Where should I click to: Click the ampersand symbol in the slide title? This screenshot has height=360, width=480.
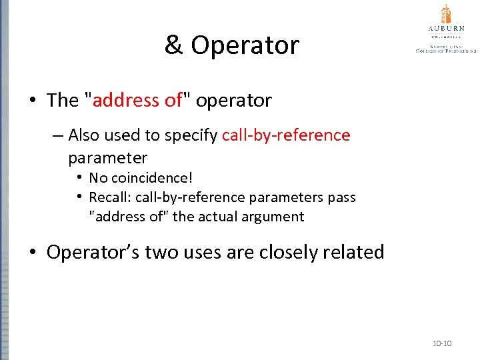pos(174,45)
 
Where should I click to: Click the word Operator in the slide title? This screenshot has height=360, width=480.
pos(245,45)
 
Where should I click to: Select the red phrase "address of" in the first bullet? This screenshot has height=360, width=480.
pos(137,100)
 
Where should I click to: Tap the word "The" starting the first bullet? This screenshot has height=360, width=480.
pos(63,100)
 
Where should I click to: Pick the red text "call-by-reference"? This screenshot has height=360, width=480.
pos(286,135)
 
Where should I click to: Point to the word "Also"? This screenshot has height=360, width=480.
pos(85,135)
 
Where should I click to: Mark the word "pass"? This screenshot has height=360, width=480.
pos(342,197)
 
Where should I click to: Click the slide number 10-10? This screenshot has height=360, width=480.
pos(442,343)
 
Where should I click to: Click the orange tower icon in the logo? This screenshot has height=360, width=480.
pos(446,14)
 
